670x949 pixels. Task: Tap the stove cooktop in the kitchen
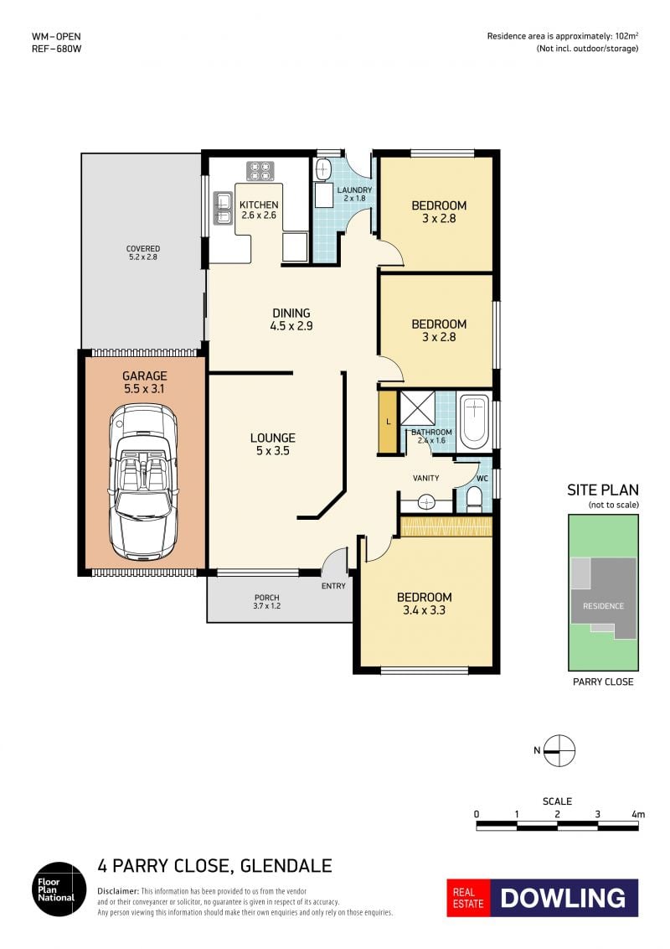click(260, 171)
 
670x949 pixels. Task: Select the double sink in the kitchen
click(223, 208)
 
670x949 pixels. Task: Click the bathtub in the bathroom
click(474, 421)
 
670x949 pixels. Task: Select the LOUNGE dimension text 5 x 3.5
click(273, 450)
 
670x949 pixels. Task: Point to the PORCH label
click(266, 598)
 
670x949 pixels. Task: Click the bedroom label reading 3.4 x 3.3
click(424, 610)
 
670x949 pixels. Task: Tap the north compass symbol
click(559, 750)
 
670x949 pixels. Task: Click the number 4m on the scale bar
click(638, 814)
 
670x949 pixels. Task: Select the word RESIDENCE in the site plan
click(603, 606)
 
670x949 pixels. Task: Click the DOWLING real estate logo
click(543, 898)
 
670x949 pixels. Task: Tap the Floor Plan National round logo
click(59, 889)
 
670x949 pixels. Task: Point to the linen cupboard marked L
click(388, 422)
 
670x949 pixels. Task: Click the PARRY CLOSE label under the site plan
click(603, 682)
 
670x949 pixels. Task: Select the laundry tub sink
click(323, 169)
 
